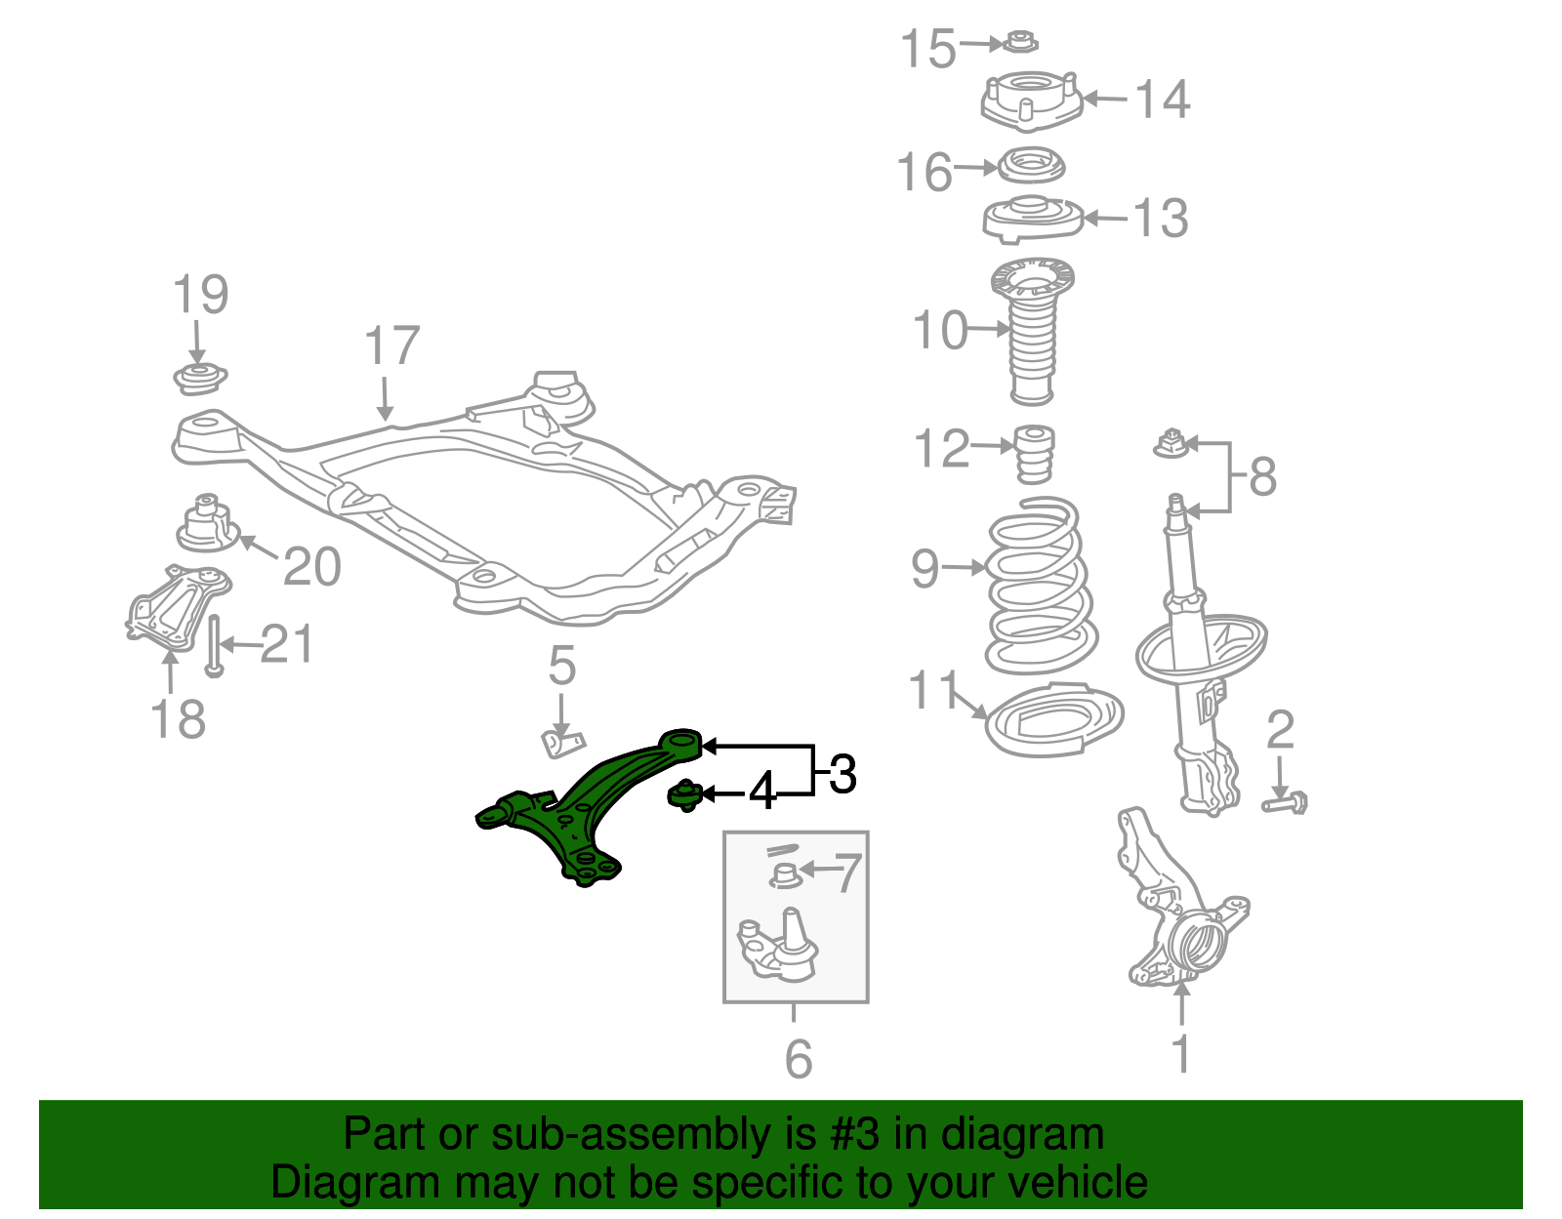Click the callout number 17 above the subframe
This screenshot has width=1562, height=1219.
[391, 345]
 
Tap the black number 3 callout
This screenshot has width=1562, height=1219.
[843, 774]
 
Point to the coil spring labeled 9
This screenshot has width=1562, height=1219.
[1040, 586]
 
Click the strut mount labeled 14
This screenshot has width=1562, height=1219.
[1031, 102]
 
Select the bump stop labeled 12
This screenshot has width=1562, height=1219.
[1034, 453]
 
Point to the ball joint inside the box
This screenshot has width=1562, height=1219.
[778, 947]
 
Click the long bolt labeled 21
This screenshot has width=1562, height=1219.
[215, 645]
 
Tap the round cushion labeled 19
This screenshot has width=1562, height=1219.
[199, 378]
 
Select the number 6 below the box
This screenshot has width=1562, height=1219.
[798, 1058]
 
